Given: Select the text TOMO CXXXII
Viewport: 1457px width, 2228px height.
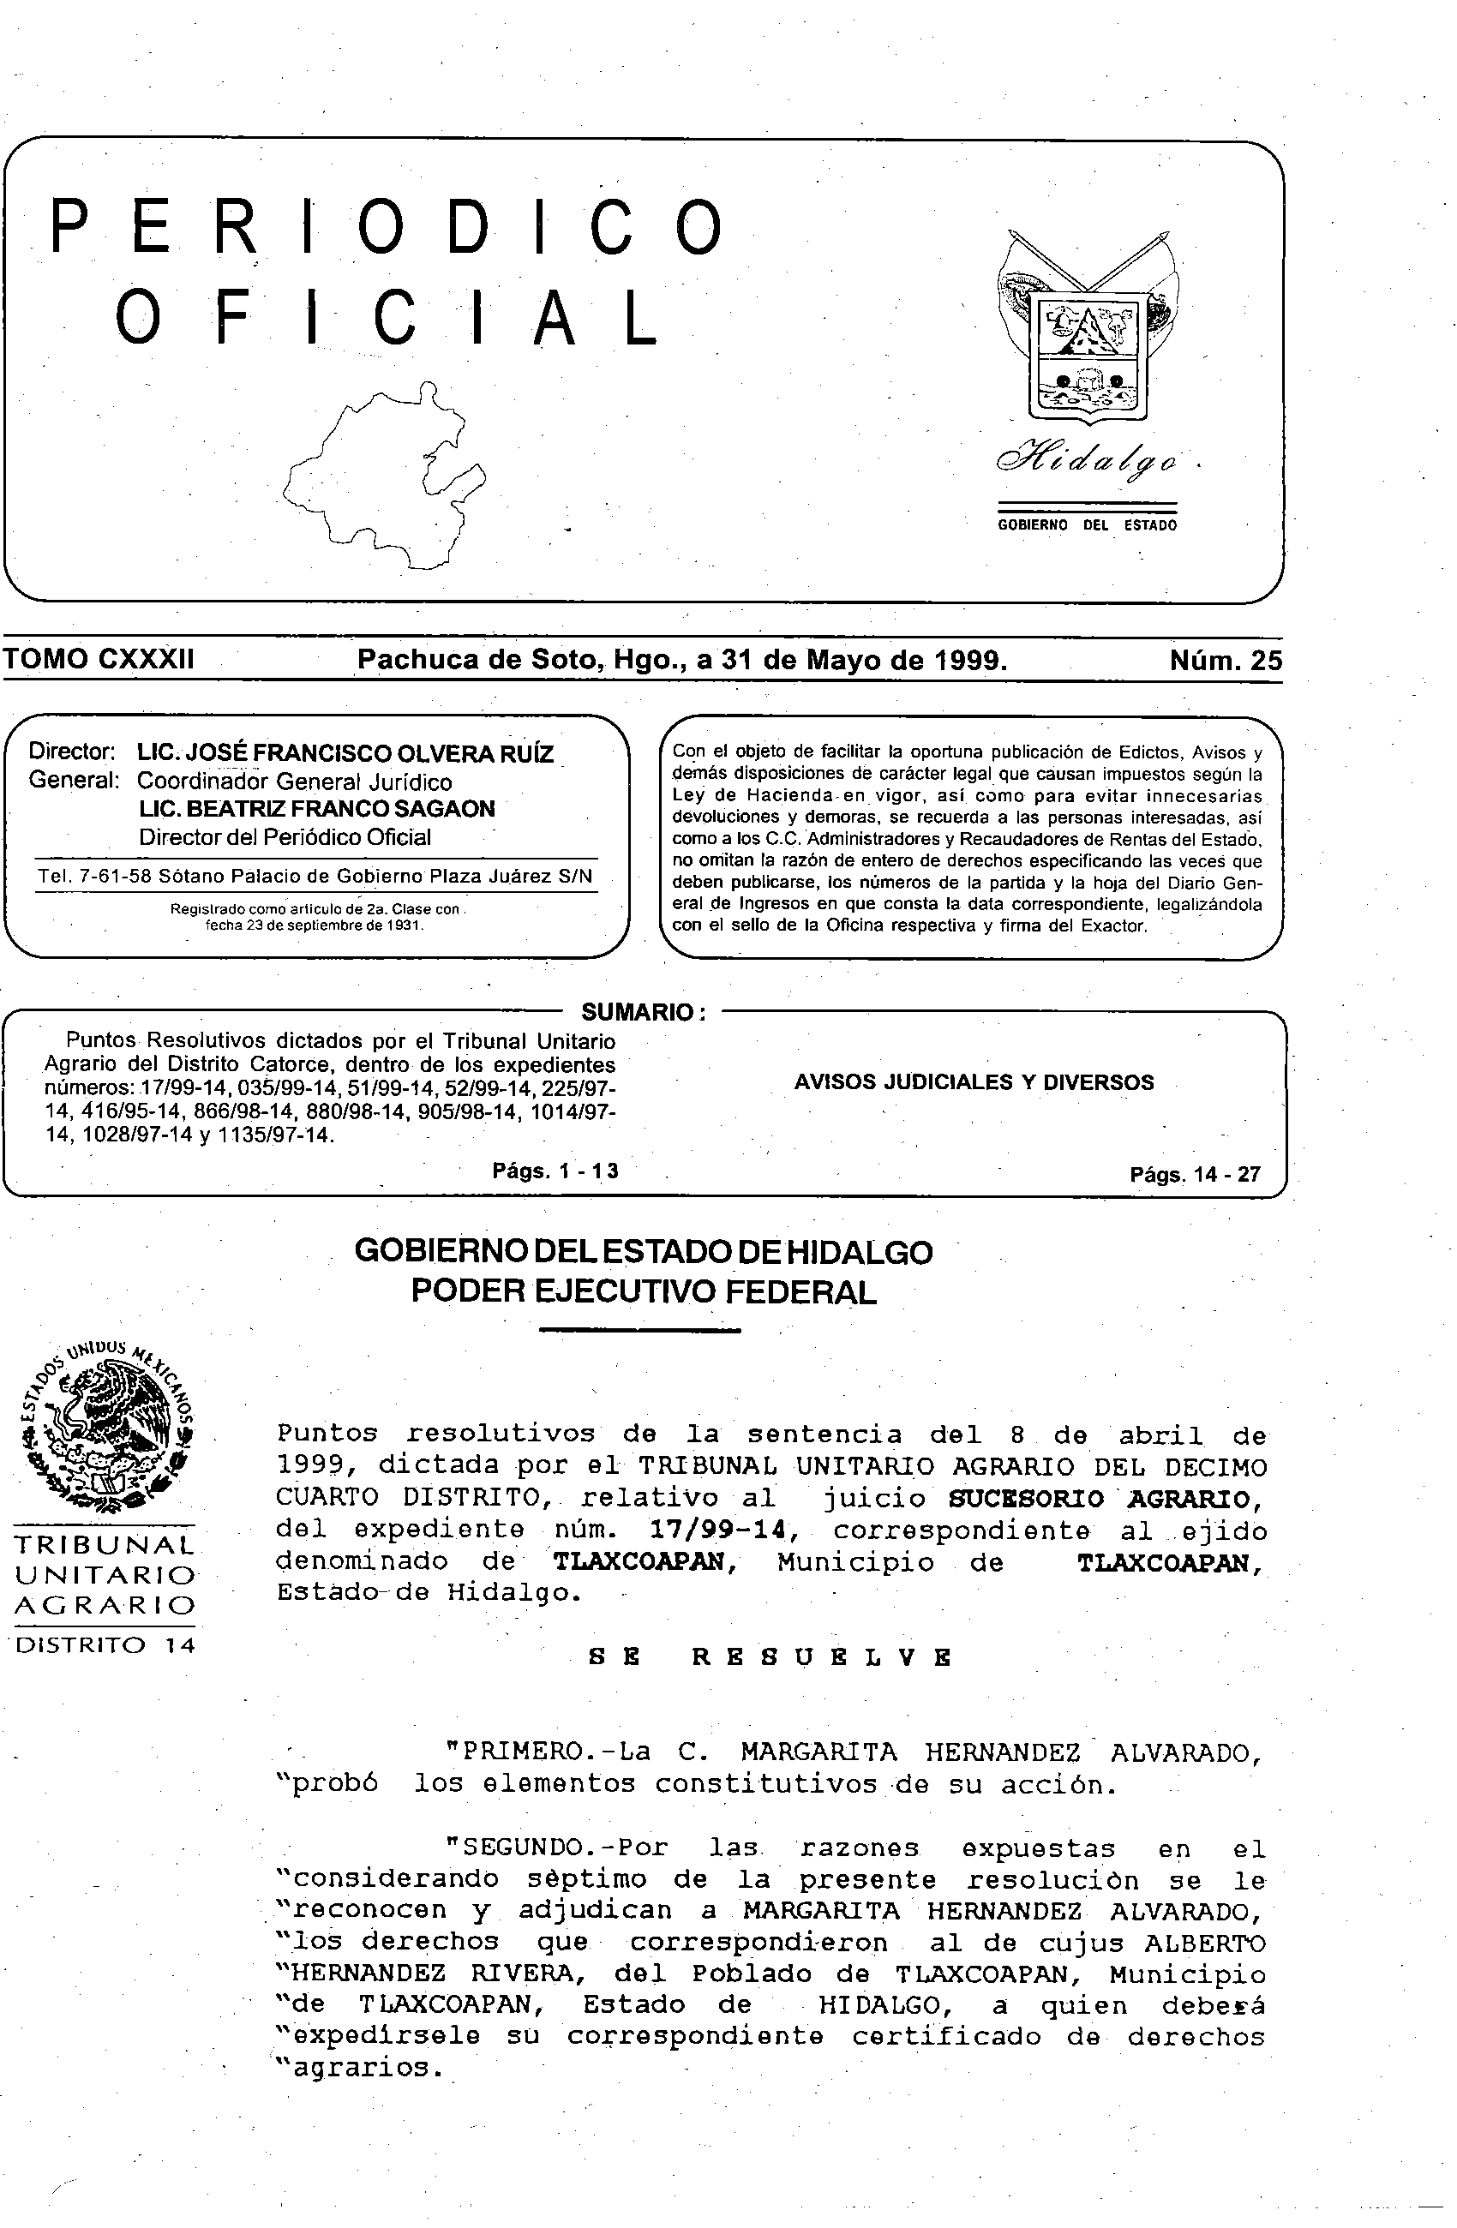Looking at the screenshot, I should pos(99,660).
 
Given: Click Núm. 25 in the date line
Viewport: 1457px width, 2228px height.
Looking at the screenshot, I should pos(1225,661).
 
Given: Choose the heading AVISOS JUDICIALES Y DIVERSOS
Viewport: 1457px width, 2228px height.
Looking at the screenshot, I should pos(974,1082).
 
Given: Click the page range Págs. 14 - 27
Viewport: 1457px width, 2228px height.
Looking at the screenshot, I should pos(1195,1174).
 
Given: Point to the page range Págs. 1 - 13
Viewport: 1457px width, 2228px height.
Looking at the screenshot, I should pos(555,1171).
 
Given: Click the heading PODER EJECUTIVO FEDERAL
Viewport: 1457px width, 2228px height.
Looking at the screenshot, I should pos(644,1292).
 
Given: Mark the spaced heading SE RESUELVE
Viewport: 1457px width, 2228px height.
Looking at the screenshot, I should pos(770,1657).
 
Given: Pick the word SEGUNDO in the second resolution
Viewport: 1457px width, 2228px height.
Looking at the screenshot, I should pos(517,1849).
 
